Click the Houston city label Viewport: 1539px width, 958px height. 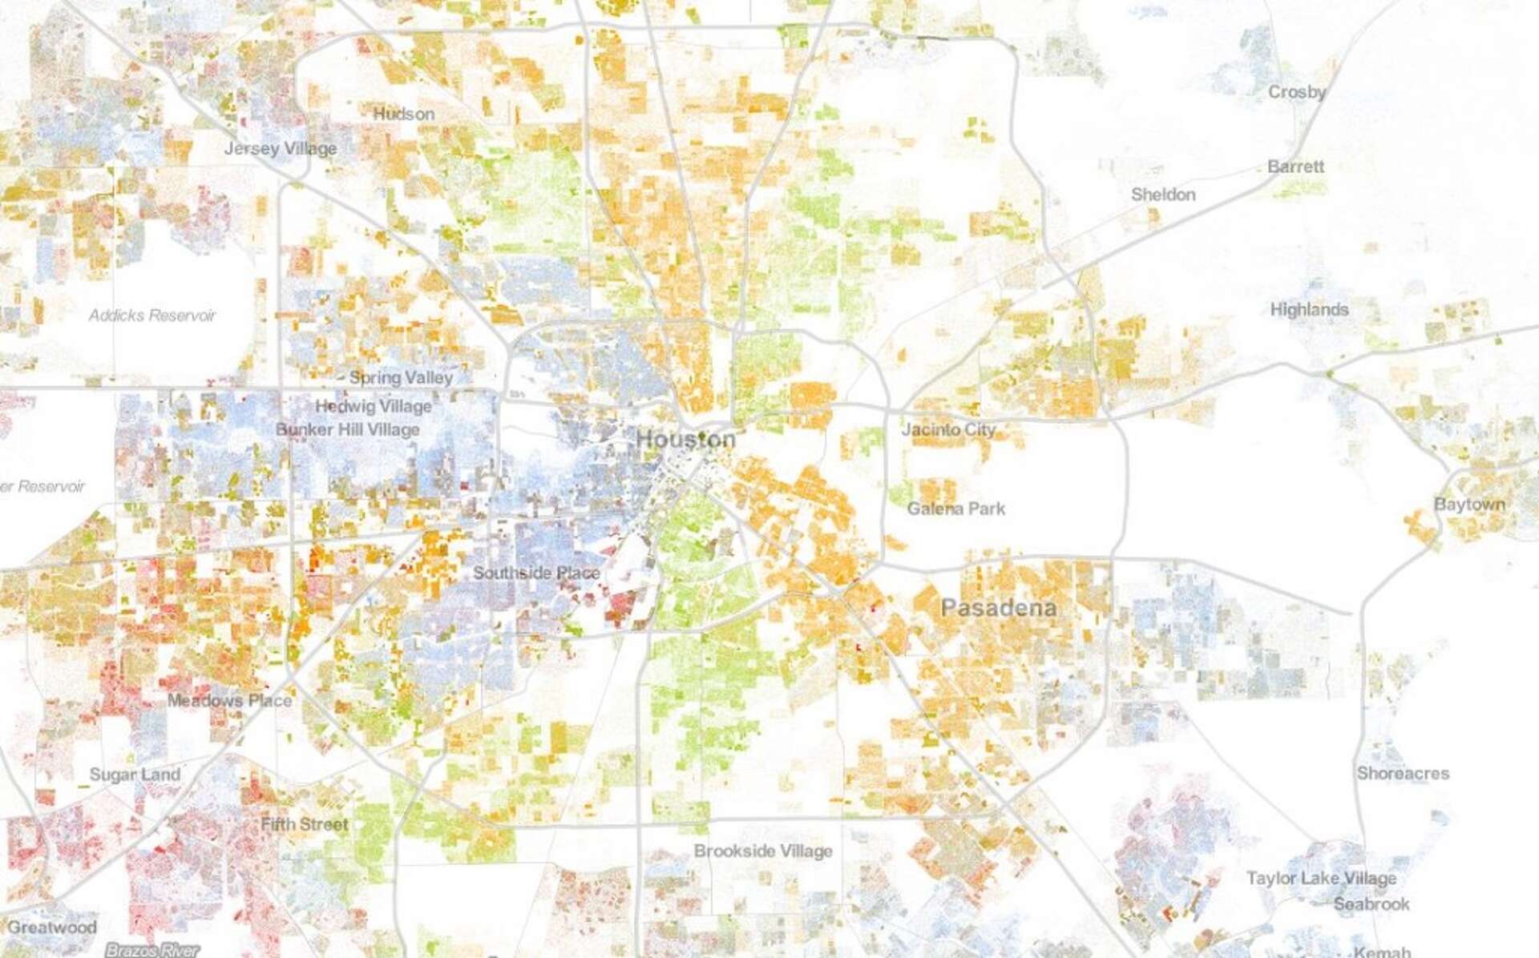point(685,440)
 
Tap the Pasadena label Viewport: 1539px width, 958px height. point(998,608)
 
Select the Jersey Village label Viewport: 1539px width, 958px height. point(281,149)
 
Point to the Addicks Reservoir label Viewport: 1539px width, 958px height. point(152,316)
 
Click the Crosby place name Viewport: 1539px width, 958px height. point(1296,92)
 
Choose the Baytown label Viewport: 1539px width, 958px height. point(1469,505)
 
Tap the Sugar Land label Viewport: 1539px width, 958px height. point(135,775)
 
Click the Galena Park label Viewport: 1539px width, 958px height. point(955,509)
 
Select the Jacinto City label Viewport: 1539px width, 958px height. point(948,429)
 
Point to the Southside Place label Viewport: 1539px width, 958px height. point(536,574)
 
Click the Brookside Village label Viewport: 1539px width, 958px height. point(763,851)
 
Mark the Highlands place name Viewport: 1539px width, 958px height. point(1309,309)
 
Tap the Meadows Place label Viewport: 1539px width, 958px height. point(229,701)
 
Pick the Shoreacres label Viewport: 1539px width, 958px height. point(1403,774)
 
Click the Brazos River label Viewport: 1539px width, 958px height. point(152,950)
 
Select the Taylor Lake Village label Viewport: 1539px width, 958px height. point(1321,879)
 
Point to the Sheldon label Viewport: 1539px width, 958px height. point(1163,195)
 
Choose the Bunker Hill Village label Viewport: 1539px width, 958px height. point(348,430)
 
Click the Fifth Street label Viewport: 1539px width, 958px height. point(305,824)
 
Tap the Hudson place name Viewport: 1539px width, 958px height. point(404,115)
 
